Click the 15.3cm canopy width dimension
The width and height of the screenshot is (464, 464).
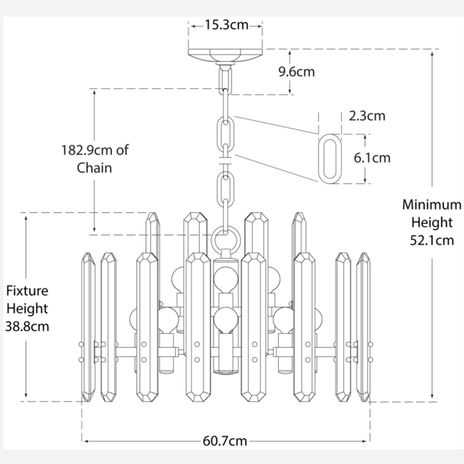226,25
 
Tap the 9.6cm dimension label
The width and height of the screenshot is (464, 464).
296,72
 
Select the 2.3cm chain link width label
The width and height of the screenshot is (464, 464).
367,116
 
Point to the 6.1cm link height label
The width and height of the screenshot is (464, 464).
372,158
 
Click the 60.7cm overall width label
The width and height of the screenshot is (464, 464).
225,441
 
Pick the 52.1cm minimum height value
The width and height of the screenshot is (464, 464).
432,240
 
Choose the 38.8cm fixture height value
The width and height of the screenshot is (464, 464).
27,326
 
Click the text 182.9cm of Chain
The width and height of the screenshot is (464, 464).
94,159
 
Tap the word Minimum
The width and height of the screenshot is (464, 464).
432,205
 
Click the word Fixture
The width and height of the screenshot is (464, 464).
27,291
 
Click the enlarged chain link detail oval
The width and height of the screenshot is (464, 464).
330,159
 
